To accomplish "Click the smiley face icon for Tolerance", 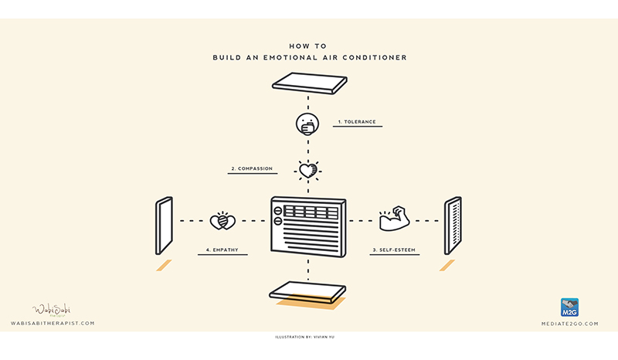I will click(307, 123).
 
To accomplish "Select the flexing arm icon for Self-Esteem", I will click(392, 219).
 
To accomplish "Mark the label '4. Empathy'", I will click(222, 250).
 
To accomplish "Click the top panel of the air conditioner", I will click(308, 82).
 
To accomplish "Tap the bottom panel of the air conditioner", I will click(308, 290).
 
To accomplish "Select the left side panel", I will click(164, 226).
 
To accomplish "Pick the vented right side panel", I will click(453, 226).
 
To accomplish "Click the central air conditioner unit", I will click(308, 224).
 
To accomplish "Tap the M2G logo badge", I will click(570, 307).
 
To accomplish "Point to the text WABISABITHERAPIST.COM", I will click(53, 323).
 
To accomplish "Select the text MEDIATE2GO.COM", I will click(570, 323).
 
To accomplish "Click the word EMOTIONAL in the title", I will click(297, 57).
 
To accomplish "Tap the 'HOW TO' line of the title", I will click(308, 46).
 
